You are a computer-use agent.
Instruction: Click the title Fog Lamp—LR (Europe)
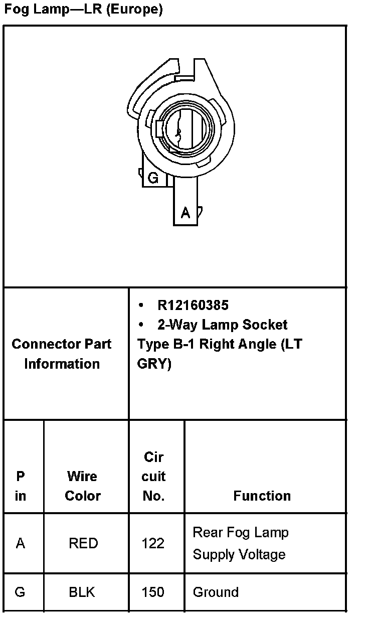83,10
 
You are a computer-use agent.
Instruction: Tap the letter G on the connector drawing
153,178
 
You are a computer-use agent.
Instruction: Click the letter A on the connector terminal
186,213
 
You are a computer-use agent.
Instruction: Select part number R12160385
193,305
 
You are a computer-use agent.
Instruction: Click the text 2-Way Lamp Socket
222,325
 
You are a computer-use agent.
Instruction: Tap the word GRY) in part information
154,364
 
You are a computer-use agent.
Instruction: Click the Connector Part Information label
62,354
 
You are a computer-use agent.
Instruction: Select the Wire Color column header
83,486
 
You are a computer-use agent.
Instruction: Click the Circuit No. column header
153,476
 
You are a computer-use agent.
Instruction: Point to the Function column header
262,496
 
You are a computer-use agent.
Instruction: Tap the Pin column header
21,486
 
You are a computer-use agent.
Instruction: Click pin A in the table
21,543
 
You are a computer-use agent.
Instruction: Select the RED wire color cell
83,543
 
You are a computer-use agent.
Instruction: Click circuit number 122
153,543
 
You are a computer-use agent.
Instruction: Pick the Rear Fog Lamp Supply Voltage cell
241,543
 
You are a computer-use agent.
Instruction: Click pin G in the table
20,592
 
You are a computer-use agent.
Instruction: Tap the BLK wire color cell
82,592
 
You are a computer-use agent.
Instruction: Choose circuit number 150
153,592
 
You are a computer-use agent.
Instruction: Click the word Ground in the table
216,592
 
